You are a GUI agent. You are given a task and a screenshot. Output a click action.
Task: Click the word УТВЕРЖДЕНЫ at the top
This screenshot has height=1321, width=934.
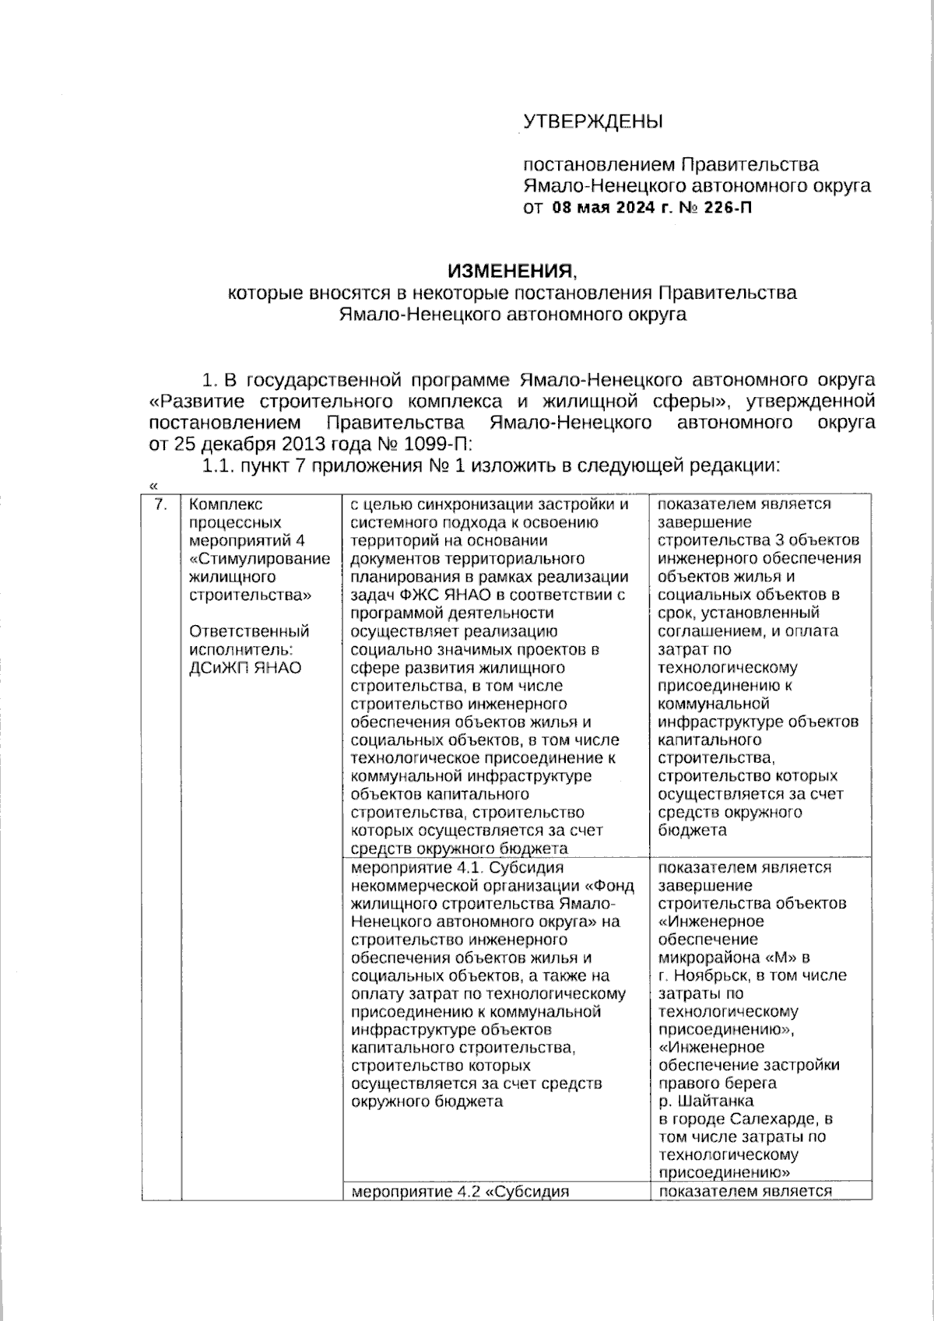click(x=592, y=121)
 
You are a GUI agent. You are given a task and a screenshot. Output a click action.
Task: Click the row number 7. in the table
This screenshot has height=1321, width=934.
click(x=160, y=504)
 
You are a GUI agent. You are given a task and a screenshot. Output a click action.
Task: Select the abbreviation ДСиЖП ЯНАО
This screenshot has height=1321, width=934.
click(x=245, y=668)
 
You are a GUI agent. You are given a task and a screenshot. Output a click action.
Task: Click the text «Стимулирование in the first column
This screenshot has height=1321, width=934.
click(x=260, y=559)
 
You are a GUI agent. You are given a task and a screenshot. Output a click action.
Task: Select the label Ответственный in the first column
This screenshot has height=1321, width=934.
click(x=249, y=631)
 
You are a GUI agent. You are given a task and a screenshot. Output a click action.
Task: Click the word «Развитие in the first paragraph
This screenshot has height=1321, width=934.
click(x=195, y=402)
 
